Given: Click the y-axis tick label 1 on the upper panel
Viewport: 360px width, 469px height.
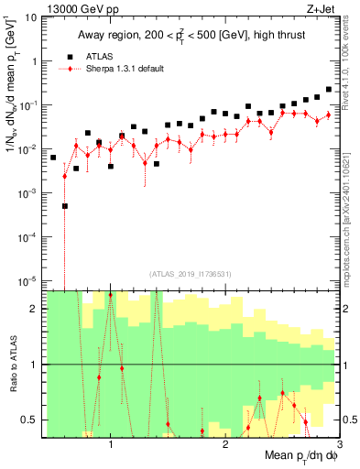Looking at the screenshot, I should (x=36, y=61).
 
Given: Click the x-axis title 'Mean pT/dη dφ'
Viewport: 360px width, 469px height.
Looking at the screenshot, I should (x=300, y=456).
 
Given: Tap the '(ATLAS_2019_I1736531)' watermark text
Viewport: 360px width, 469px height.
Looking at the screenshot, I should (x=191, y=273).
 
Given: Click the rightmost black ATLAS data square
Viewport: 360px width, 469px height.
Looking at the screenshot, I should (x=329, y=90).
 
